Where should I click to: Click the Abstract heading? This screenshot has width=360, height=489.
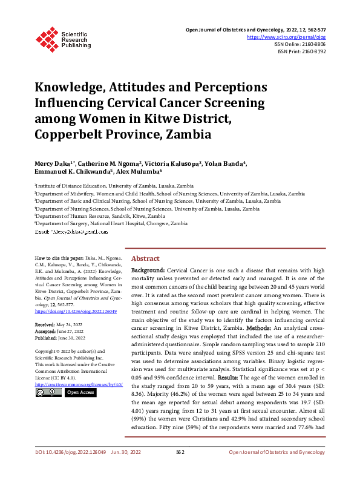pos(145,258)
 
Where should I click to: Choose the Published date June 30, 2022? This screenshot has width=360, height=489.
pos(72,338)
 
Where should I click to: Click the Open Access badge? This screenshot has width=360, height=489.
pos(80,392)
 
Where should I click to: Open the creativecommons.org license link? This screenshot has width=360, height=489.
pos(79,384)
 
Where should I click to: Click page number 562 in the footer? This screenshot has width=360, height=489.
pos(180,468)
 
